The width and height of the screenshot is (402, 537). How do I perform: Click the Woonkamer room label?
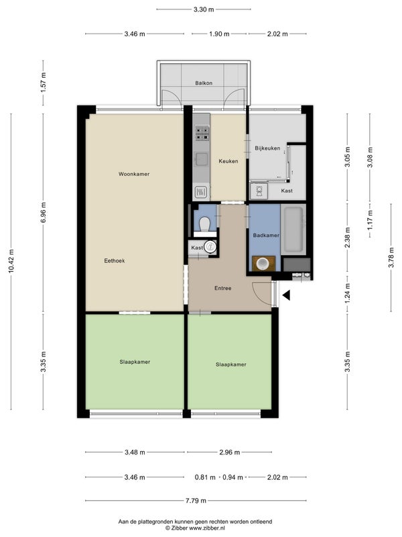click(x=134, y=174)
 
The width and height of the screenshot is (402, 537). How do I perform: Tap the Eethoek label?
click(x=115, y=260)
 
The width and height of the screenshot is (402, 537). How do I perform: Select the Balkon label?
click(x=204, y=83)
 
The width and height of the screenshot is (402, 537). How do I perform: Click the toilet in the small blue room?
click(x=205, y=224)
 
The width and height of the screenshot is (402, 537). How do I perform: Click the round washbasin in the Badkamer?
click(x=263, y=263)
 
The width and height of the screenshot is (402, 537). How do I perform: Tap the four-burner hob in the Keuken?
click(x=202, y=134)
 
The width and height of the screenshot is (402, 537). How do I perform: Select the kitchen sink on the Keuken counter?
click(x=202, y=159)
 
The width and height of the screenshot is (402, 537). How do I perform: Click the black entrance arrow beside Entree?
click(x=286, y=295)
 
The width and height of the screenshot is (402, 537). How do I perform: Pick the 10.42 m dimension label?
click(x=11, y=261)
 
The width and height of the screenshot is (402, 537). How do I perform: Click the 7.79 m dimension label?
click(x=196, y=501)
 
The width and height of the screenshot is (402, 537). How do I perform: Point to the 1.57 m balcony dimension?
click(x=43, y=83)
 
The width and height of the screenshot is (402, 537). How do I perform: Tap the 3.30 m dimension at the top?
click(x=204, y=9)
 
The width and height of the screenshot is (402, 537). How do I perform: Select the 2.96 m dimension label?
click(x=229, y=452)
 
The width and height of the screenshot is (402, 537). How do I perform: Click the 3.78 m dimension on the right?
click(x=391, y=258)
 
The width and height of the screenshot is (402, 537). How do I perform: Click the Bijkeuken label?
click(x=267, y=148)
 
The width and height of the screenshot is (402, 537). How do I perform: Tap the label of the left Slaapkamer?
click(x=135, y=362)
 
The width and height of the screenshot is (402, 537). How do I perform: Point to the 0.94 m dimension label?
click(x=232, y=477)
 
